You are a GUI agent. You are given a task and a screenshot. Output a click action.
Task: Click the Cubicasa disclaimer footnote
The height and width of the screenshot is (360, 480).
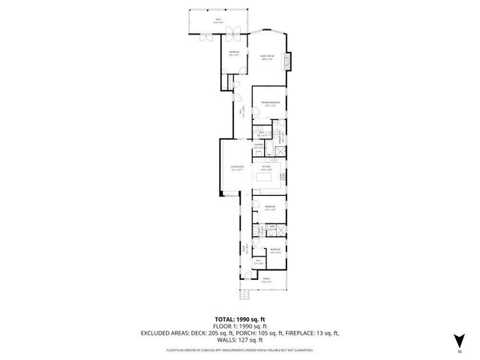click(x=239, y=349)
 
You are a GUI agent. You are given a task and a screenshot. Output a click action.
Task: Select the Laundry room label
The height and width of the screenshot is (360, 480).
click(x=258, y=146)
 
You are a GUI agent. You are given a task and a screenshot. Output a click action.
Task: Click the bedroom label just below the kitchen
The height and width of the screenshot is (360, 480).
click(x=269, y=208)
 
